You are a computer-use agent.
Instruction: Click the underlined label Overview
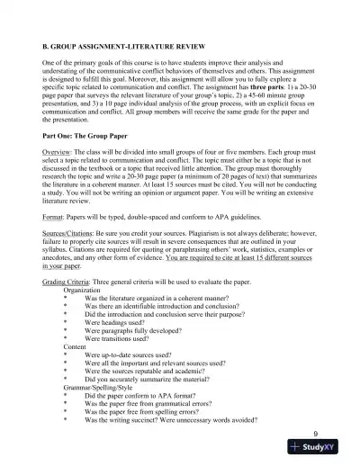pyautogui.click(x=58, y=175)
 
